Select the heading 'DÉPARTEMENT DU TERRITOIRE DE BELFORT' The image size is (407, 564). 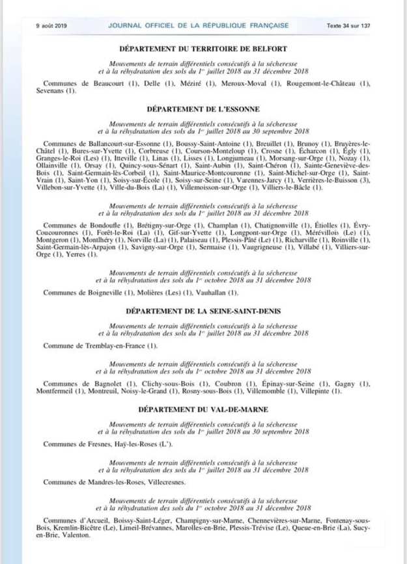(204, 49)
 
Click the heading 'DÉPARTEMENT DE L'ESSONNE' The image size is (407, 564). (204, 109)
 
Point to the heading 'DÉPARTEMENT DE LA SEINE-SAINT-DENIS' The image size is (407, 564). (204, 310)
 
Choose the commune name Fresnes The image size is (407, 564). (99, 444)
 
